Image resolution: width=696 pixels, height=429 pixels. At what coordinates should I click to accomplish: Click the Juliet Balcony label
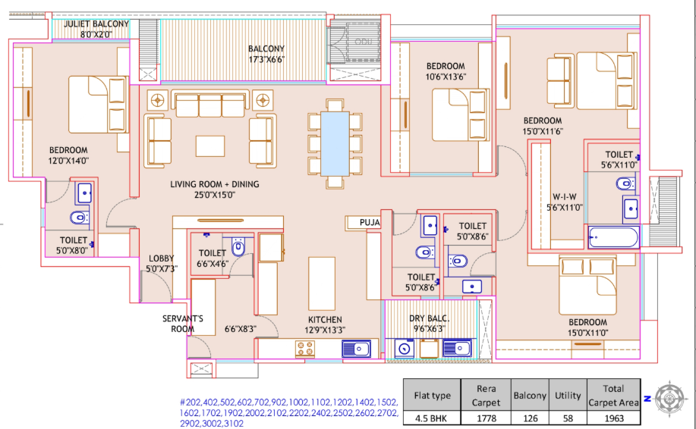pos(96,23)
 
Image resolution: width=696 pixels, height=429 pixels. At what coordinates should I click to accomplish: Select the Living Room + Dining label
pos(214,184)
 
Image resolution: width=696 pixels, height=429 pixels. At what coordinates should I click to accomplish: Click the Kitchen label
pos(325,319)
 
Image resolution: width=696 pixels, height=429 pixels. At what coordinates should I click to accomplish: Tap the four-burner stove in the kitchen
pos(306,349)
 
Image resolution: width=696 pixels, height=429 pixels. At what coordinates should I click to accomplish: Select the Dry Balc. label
pos(430,319)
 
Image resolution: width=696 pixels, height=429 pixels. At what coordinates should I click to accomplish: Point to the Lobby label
pos(162,258)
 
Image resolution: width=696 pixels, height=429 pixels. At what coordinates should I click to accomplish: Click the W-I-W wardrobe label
pos(562,196)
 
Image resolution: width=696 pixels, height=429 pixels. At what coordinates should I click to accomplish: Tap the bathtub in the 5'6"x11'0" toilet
pos(613,238)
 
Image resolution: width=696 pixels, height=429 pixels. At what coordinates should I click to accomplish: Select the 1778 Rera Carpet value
pos(487,418)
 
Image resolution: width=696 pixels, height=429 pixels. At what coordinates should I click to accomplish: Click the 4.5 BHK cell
pos(432,418)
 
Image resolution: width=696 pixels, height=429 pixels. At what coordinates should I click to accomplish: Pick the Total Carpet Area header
pos(613,396)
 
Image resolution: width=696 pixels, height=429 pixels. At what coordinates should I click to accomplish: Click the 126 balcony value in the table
pos(530,418)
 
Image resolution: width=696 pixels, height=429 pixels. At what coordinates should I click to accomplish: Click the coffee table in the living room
pos(209,144)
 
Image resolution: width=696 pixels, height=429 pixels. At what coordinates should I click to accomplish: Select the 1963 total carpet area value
pos(613,418)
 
